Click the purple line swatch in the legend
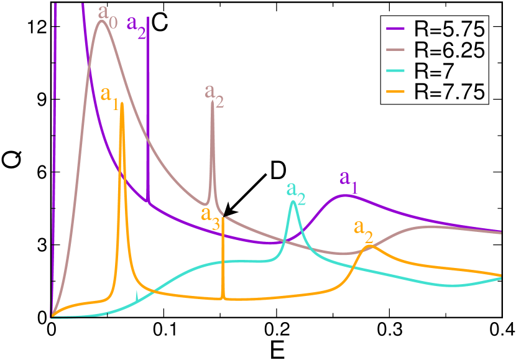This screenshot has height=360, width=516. [x=397, y=29]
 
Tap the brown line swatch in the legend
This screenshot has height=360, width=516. [x=397, y=50]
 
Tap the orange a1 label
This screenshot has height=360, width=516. [x=109, y=96]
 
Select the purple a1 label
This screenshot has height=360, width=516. [x=348, y=179]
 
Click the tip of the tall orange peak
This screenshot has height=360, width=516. [x=122, y=103]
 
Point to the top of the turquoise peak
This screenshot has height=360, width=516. [x=293, y=201]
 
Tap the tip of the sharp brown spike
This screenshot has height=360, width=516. [x=212, y=102]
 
